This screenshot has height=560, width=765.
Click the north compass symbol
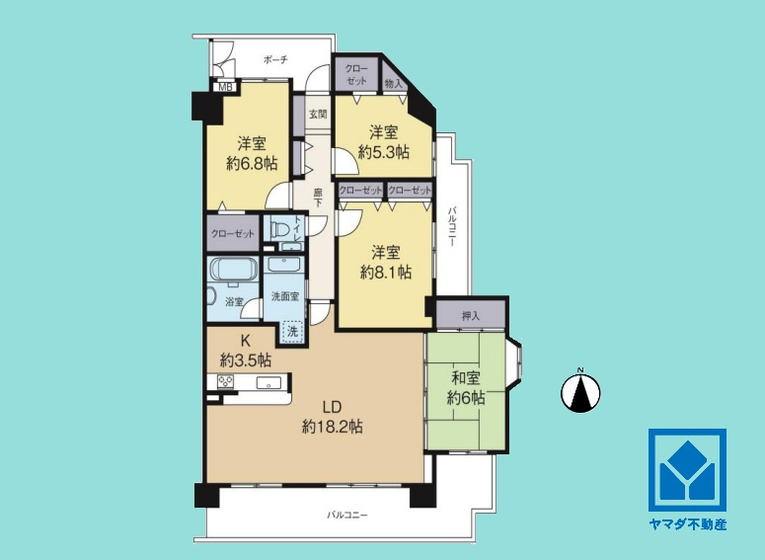[x=580, y=391]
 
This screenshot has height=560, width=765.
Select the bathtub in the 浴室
[x=233, y=269]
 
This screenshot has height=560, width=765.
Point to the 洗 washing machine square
[x=292, y=332]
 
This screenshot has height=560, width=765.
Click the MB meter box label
[x=225, y=87]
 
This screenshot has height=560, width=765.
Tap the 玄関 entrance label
[x=318, y=115]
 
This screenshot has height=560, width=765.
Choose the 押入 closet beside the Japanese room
[x=471, y=315]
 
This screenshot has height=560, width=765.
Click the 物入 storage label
[x=393, y=84]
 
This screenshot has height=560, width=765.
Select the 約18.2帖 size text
[x=332, y=428]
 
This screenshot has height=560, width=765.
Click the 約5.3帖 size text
[x=383, y=152]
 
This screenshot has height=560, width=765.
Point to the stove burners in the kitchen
[x=225, y=381]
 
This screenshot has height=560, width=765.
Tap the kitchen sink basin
[x=268, y=382]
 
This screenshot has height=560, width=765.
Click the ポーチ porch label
[x=275, y=60]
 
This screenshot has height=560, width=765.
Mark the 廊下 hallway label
[x=318, y=198]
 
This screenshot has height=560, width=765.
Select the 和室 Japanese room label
[x=466, y=378]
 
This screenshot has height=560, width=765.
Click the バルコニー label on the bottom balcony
[x=346, y=515]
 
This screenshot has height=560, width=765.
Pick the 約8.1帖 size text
[x=385, y=272]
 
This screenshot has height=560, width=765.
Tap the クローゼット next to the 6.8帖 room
[x=233, y=233]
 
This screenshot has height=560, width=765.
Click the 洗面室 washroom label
[x=285, y=296]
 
